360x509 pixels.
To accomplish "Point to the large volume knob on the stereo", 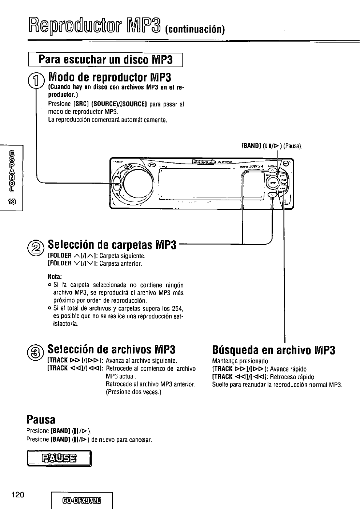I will coord(137,181).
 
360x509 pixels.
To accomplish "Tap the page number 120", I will coord(17,495).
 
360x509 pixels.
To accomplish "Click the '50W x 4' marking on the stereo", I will coord(256,166).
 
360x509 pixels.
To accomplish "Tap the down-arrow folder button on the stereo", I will coord(272,195).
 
